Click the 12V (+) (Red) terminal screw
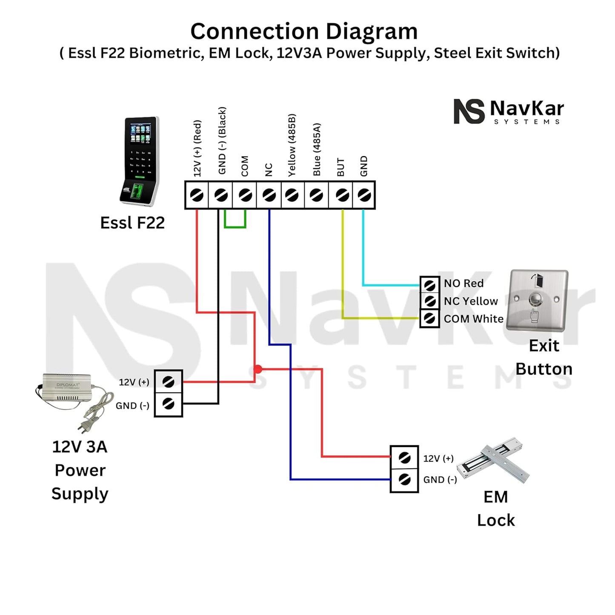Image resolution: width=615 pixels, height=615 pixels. click(197, 195)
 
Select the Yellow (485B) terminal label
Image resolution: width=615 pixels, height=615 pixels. click(292, 145)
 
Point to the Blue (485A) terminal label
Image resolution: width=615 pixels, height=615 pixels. click(317, 150)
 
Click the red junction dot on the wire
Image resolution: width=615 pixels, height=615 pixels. click(258, 369)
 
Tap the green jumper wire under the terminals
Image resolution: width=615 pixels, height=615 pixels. click(235, 226)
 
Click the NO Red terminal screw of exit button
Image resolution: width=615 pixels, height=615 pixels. click(430, 284)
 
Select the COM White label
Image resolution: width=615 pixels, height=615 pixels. click(473, 319)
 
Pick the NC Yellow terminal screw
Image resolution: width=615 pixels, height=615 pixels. click(430, 301)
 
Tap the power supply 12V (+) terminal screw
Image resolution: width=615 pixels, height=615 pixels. click(169, 382)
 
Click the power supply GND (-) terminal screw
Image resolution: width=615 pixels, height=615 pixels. click(169, 403)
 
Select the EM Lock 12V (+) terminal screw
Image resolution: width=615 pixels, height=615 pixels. click(404, 458)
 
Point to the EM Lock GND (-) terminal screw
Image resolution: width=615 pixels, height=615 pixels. click(404, 480)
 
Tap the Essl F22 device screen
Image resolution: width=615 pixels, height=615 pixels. click(140, 133)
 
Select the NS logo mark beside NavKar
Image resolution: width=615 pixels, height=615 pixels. click(469, 112)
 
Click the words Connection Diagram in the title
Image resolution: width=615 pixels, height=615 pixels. click(304, 31)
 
